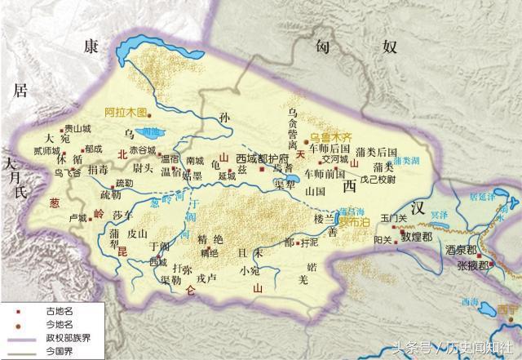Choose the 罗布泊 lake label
point(352,220)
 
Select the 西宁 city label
point(507,308)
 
